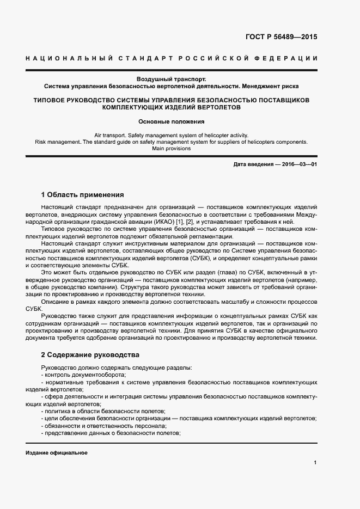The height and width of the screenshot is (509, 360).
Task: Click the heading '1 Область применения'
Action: coord(83,194)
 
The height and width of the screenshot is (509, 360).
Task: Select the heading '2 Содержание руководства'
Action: coord(90,354)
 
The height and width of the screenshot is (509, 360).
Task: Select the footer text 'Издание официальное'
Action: coord(57,453)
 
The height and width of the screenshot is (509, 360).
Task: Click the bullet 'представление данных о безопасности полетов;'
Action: coord(111,432)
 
